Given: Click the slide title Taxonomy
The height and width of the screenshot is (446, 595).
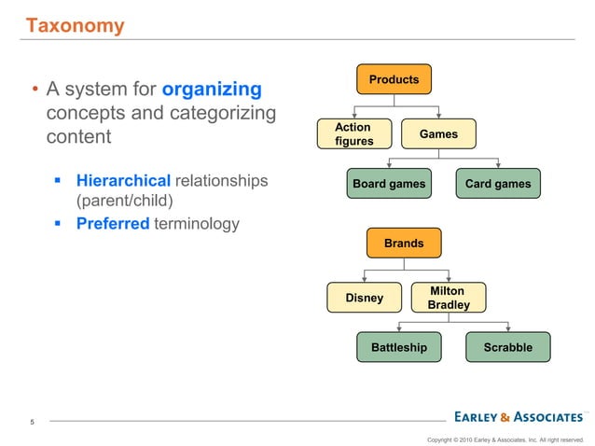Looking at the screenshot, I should [x=74, y=25].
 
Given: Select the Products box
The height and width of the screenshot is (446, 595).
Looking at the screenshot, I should [x=394, y=80].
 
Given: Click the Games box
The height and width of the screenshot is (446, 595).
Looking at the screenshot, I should [x=438, y=134].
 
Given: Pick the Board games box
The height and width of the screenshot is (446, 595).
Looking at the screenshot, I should [x=389, y=184].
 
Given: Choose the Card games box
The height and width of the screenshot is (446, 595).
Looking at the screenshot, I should [x=498, y=184].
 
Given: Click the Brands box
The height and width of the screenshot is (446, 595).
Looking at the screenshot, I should [x=404, y=244].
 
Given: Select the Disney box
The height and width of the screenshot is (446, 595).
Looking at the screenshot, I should [x=365, y=299].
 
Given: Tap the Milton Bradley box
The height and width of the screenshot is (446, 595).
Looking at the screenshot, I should [x=448, y=299].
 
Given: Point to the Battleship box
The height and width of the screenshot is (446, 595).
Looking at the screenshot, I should [x=399, y=348].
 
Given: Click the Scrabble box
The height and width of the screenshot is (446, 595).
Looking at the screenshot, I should [x=508, y=348].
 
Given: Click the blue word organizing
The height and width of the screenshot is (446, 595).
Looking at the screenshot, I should [x=212, y=91].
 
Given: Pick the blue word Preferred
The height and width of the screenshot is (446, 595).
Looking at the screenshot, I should [x=113, y=224].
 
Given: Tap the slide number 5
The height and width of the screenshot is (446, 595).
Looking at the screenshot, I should [x=33, y=423].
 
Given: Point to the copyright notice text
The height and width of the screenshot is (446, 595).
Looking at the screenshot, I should [x=505, y=439].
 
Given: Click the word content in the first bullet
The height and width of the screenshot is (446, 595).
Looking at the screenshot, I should [x=78, y=137].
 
